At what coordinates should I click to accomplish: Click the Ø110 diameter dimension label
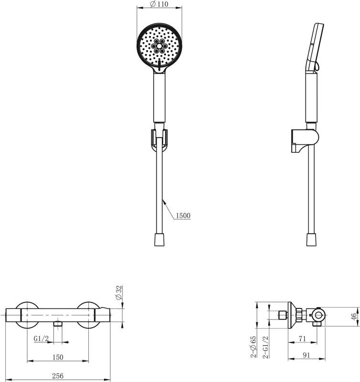pos(159,4)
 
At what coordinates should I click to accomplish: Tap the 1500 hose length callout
pos(183,216)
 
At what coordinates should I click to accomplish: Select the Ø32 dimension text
pos(119,293)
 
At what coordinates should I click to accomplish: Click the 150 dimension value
pos(58,357)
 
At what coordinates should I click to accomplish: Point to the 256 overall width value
pos(58,376)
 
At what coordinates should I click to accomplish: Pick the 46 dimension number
pos(354,317)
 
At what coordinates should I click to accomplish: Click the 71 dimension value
pos(302,339)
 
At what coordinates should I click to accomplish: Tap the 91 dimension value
pos(307,355)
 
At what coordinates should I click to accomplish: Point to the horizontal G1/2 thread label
pos(41,339)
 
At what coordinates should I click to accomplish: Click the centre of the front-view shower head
pos(159,46)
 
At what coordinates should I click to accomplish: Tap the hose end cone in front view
pos(159,240)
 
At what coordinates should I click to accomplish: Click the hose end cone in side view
pos(311,240)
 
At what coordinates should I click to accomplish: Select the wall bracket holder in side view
pos(305,140)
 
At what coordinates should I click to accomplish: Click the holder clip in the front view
pos(159,138)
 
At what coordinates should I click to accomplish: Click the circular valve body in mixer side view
pos(318,315)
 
